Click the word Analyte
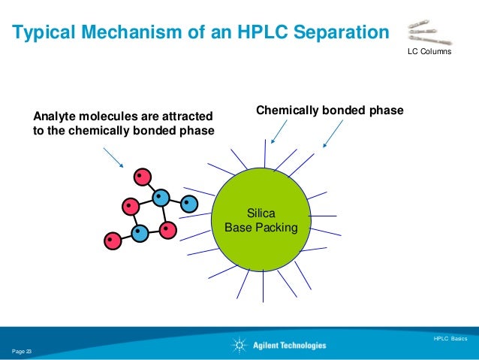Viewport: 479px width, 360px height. pos(54,116)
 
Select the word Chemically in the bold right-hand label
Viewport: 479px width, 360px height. pos(289,110)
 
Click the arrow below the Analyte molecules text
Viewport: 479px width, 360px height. pos(113,157)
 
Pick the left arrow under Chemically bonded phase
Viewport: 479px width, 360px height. pos(278,134)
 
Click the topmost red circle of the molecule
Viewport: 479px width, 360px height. pos(141,177)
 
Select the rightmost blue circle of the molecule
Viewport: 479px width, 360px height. pos(189,203)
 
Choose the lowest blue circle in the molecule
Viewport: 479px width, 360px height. pos(140,233)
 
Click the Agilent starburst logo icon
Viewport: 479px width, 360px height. pos(239,346)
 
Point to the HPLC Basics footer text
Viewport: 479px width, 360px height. pos(450,339)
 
